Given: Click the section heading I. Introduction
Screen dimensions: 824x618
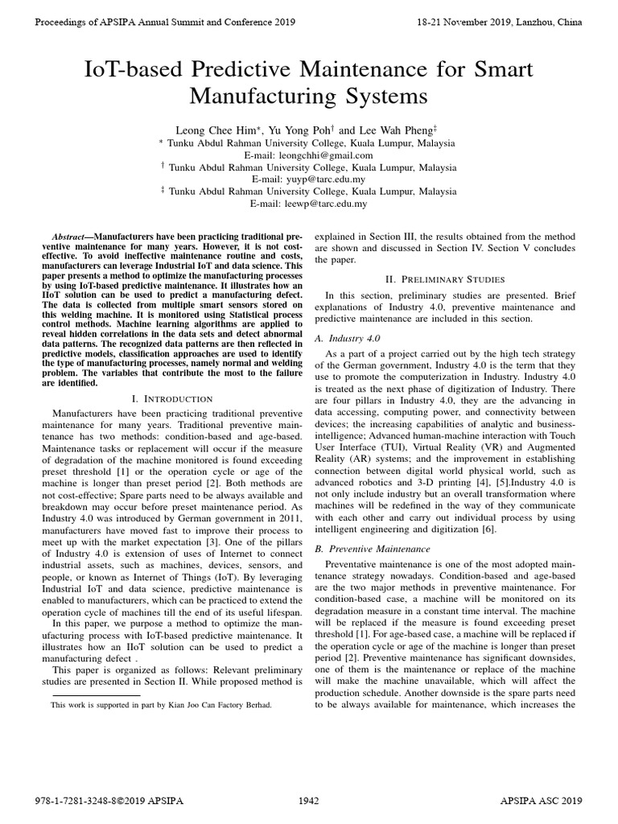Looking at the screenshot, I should click(x=171, y=398).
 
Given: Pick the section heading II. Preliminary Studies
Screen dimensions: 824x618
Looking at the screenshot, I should click(x=445, y=279).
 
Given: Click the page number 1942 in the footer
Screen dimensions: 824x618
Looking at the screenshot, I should click(x=309, y=801).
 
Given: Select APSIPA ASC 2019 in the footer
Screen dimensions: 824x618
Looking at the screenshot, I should click(x=540, y=801).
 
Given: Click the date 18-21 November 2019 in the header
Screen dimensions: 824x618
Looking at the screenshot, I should click(x=485, y=23).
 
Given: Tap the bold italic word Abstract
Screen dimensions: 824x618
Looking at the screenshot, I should click(x=70, y=237).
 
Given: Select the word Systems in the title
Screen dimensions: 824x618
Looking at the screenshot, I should click(x=377, y=98).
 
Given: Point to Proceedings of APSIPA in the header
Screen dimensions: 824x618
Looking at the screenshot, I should click(x=89, y=23).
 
